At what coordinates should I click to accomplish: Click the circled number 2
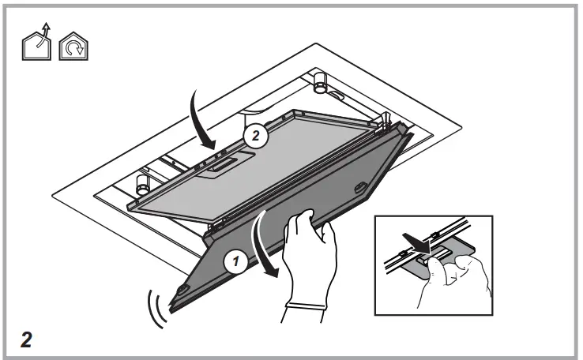[254, 135]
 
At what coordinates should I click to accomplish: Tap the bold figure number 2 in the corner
[26, 340]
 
